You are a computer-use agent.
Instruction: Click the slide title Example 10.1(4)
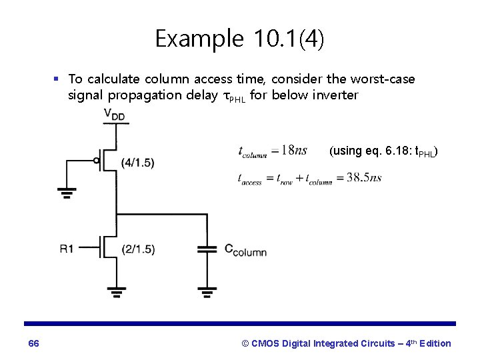(240, 39)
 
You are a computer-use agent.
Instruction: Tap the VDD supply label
(114, 115)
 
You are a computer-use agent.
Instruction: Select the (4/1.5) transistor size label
(138, 163)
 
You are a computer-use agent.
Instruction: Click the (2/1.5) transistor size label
(138, 249)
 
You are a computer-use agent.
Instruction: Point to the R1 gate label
(67, 249)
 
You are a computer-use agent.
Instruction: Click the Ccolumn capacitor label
(245, 250)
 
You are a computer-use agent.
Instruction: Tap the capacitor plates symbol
(207, 249)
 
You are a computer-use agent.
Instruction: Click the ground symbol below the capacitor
(207, 291)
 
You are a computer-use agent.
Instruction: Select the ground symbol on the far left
(66, 193)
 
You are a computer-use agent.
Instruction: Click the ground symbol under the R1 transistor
(117, 291)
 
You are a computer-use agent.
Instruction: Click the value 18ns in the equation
(294, 151)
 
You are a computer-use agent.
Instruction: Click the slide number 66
(34, 343)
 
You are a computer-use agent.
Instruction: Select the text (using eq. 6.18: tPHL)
(383, 151)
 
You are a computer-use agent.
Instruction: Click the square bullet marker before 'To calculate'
(57, 79)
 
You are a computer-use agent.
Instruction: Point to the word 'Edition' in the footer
(433, 343)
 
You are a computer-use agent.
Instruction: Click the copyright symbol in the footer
(245, 343)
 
